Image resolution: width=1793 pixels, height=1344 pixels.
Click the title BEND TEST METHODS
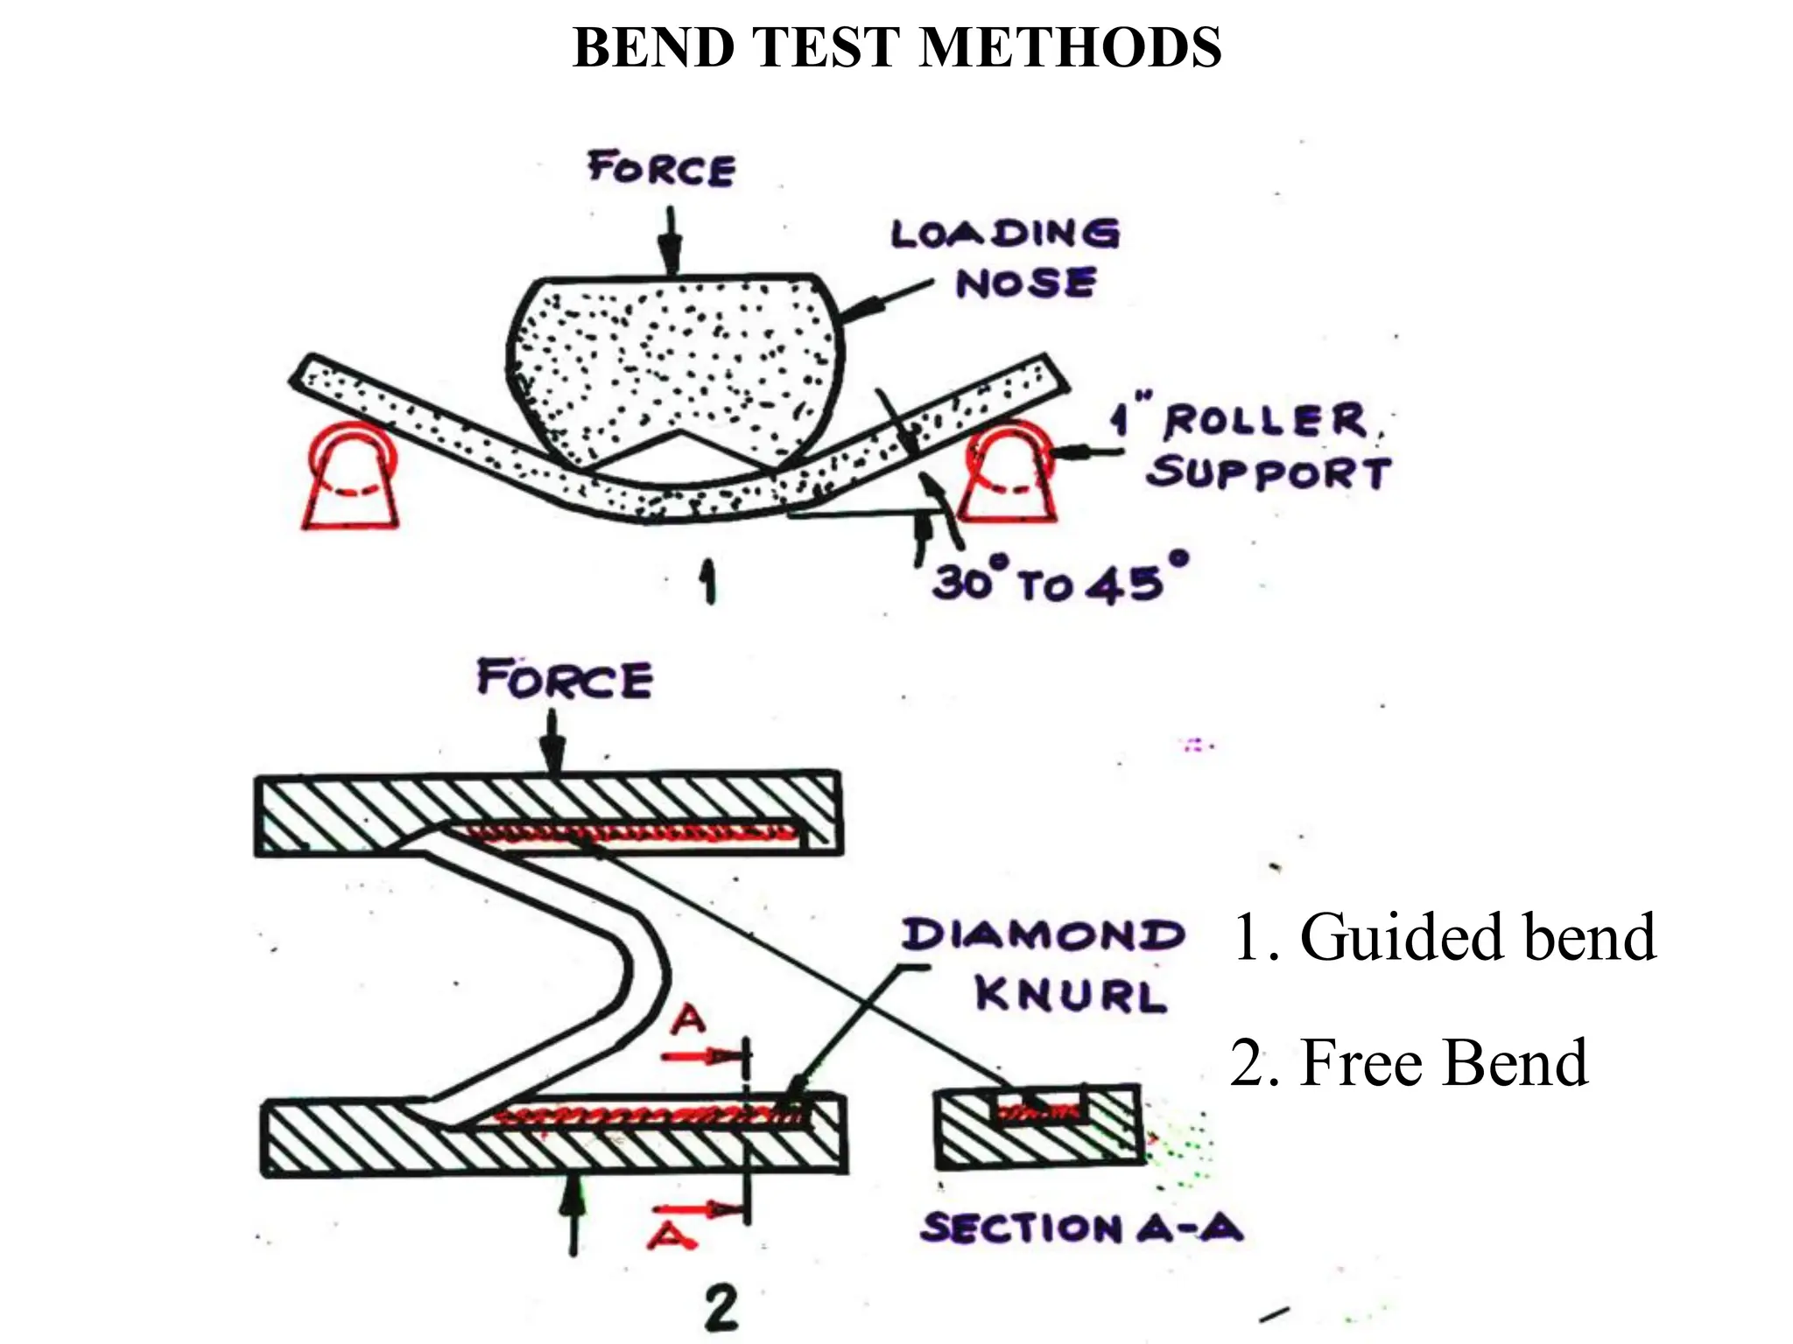[x=896, y=47]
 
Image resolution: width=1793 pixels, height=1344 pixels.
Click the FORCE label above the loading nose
[x=661, y=168]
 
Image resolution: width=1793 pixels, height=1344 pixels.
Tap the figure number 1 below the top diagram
[x=707, y=584]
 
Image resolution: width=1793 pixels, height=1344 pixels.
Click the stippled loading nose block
[x=674, y=367]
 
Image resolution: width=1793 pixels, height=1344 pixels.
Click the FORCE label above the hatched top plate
[x=565, y=680]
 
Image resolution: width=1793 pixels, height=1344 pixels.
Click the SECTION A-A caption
[x=1081, y=1228]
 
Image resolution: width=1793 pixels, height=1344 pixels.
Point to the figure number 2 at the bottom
[x=721, y=1310]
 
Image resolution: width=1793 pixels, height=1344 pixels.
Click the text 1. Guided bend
[x=1443, y=937]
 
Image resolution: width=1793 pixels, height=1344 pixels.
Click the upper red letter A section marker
[x=690, y=1020]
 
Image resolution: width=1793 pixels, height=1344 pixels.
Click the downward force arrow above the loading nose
[x=670, y=241]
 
